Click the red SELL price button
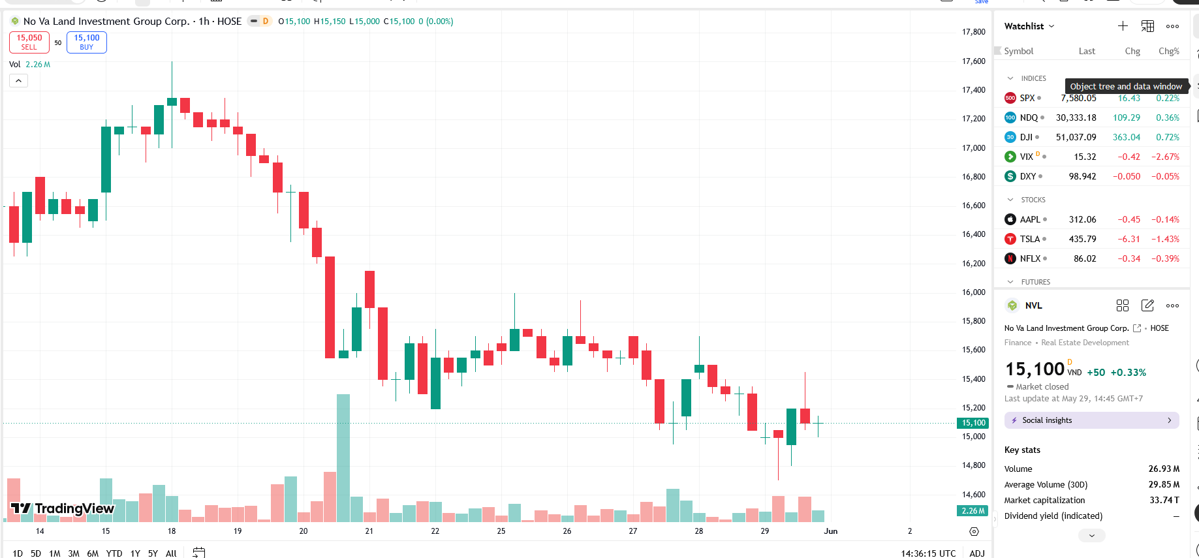[29, 42]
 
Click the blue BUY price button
[87, 42]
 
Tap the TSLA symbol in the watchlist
[1030, 239]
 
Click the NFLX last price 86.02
[1085, 258]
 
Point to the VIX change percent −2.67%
[1165, 157]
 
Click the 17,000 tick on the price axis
[974, 147]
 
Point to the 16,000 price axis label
[974, 292]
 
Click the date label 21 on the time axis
[369, 531]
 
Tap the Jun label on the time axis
[830, 531]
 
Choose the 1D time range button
[18, 553]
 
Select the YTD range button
[114, 553]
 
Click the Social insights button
[1092, 420]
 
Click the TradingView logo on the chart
[63, 508]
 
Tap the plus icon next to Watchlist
[1123, 26]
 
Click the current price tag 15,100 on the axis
[974, 423]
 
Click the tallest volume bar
[343, 458]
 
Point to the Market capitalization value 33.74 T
[1164, 500]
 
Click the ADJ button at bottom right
[977, 553]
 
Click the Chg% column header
[1169, 51]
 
